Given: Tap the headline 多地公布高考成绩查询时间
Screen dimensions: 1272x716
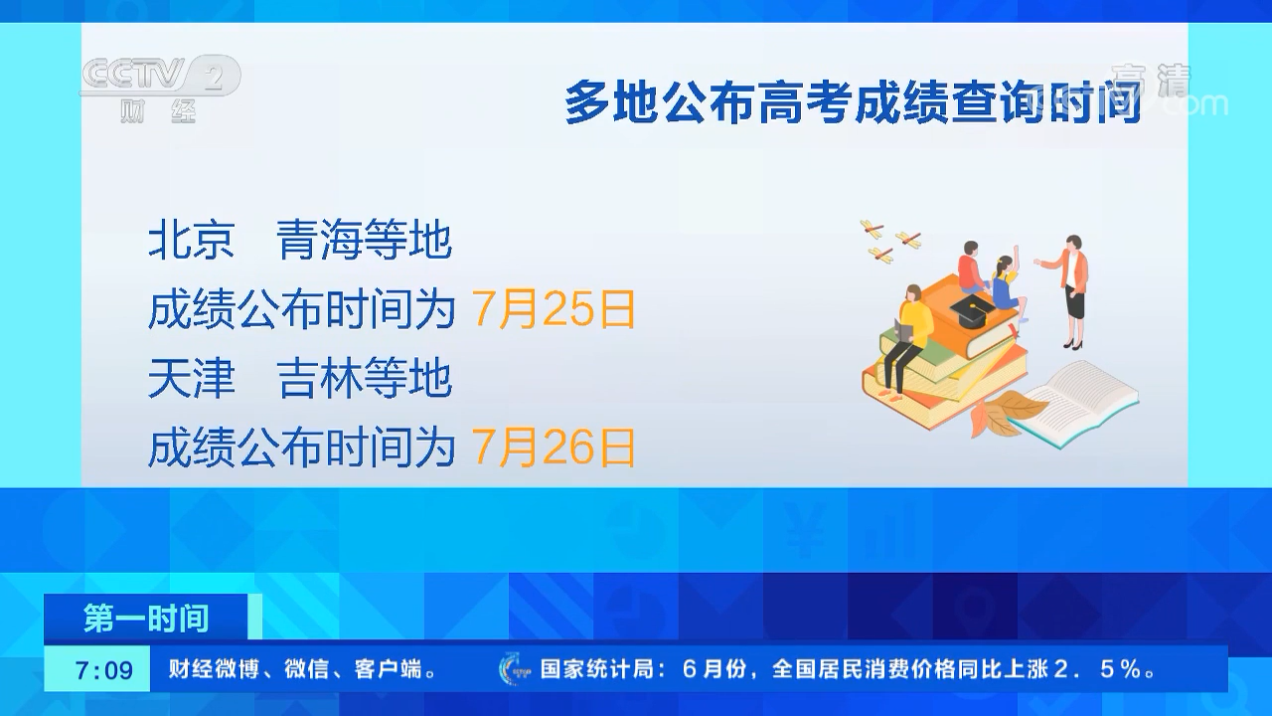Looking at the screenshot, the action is (x=853, y=102).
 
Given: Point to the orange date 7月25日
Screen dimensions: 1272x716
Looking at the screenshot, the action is (x=554, y=309).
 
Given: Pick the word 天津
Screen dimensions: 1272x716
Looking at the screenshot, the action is (x=192, y=378).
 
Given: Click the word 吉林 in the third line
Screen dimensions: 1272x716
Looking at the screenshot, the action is (x=321, y=378).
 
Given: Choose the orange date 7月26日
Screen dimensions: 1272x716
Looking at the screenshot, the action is (x=554, y=447).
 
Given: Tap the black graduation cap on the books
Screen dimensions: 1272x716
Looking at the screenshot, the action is (x=972, y=311).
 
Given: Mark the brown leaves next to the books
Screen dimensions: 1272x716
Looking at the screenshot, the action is (x=1003, y=412).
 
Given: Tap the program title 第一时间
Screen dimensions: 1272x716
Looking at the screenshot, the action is (x=146, y=618).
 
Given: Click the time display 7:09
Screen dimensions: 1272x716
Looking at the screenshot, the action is (x=103, y=670).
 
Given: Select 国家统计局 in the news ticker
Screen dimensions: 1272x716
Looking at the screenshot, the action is (x=597, y=669).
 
